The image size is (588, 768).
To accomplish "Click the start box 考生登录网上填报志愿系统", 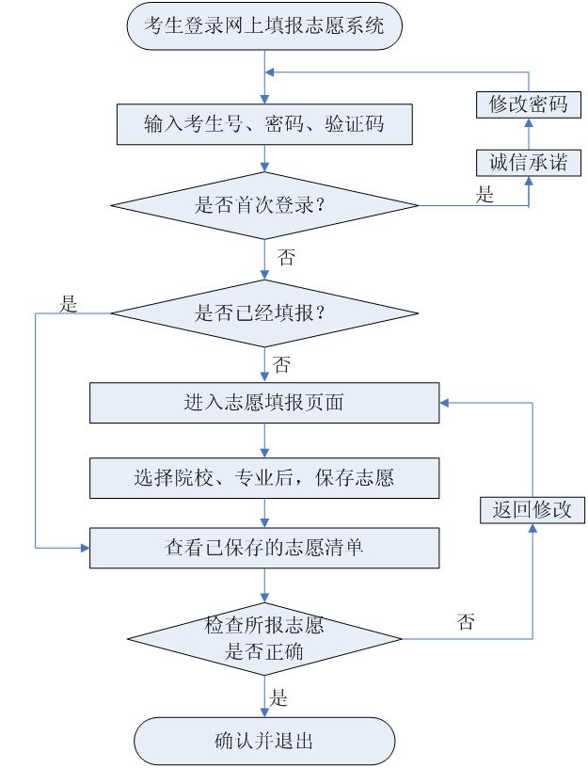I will (264, 25).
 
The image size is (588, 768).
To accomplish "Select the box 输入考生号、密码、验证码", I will (264, 124).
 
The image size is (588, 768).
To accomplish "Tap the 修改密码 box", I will (528, 104).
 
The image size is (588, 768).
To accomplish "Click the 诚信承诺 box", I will (528, 163).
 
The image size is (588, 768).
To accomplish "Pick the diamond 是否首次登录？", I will (264, 205).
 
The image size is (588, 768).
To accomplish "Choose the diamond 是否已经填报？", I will (264, 313).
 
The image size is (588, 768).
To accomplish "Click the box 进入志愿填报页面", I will (264, 403).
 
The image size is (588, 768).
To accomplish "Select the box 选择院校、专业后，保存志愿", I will (264, 478).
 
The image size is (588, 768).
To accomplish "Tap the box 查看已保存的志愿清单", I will (264, 548).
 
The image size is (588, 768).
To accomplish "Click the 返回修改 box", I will (532, 510).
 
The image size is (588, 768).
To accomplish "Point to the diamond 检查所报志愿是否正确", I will (264, 639).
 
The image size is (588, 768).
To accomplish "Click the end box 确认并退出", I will (264, 741).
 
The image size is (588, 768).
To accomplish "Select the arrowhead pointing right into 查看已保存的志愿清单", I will (85, 547).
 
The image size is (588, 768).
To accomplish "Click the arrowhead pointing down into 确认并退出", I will (264, 712).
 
